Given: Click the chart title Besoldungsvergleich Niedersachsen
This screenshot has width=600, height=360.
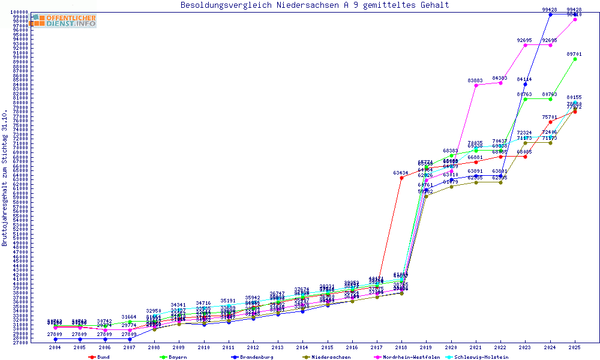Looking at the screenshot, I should [x=314, y=5].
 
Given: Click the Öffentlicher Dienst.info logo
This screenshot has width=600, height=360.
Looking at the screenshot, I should [x=64, y=20].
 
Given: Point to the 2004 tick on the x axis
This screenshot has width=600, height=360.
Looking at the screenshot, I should [x=55, y=347].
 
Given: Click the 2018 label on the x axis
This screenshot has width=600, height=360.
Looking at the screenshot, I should [x=401, y=347].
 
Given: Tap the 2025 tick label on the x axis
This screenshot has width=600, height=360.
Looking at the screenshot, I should [x=575, y=347].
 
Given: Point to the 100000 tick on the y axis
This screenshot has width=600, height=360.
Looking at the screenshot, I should [x=19, y=12].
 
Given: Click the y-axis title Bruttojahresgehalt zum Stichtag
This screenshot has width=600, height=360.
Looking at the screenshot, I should [x=5, y=178].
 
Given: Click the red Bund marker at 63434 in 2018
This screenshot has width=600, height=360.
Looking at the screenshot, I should [x=401, y=178].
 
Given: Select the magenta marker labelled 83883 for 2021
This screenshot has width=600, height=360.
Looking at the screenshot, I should [x=476, y=85].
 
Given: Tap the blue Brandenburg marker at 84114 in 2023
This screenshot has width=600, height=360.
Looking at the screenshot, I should [x=525, y=84].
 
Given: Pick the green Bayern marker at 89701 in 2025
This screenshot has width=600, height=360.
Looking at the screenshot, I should [x=575, y=59].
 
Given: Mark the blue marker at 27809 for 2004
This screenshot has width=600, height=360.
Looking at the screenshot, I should [x=55, y=339].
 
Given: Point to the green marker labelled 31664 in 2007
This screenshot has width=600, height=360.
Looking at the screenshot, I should [x=130, y=322].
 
